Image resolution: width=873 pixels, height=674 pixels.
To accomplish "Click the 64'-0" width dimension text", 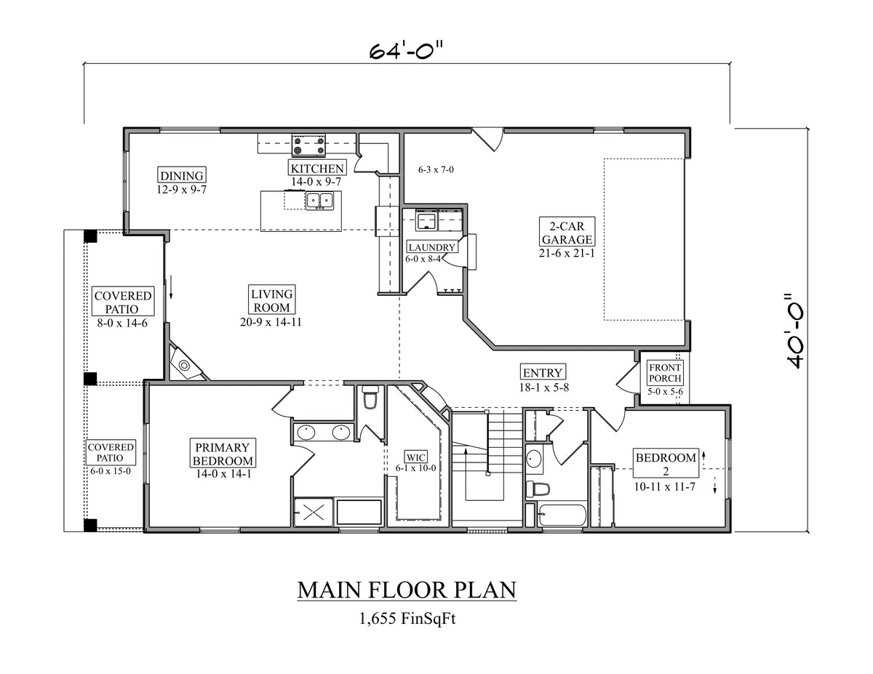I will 406,52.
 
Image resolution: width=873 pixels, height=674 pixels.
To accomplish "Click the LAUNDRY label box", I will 431,247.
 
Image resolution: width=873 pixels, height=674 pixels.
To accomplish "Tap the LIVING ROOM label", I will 272,301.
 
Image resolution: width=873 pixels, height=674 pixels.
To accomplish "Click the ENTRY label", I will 542,373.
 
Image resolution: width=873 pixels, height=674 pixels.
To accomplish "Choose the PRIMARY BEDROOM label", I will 223,454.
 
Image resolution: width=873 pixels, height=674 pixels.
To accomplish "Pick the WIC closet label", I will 415,457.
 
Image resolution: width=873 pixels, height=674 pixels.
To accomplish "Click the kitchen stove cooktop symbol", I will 308,145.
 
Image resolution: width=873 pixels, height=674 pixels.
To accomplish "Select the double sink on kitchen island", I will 319,201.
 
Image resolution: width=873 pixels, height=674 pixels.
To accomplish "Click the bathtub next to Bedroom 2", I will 562,515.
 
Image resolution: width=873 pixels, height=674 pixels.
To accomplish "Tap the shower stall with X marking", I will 313,511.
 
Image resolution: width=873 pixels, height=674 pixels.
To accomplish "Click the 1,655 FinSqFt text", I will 407,619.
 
